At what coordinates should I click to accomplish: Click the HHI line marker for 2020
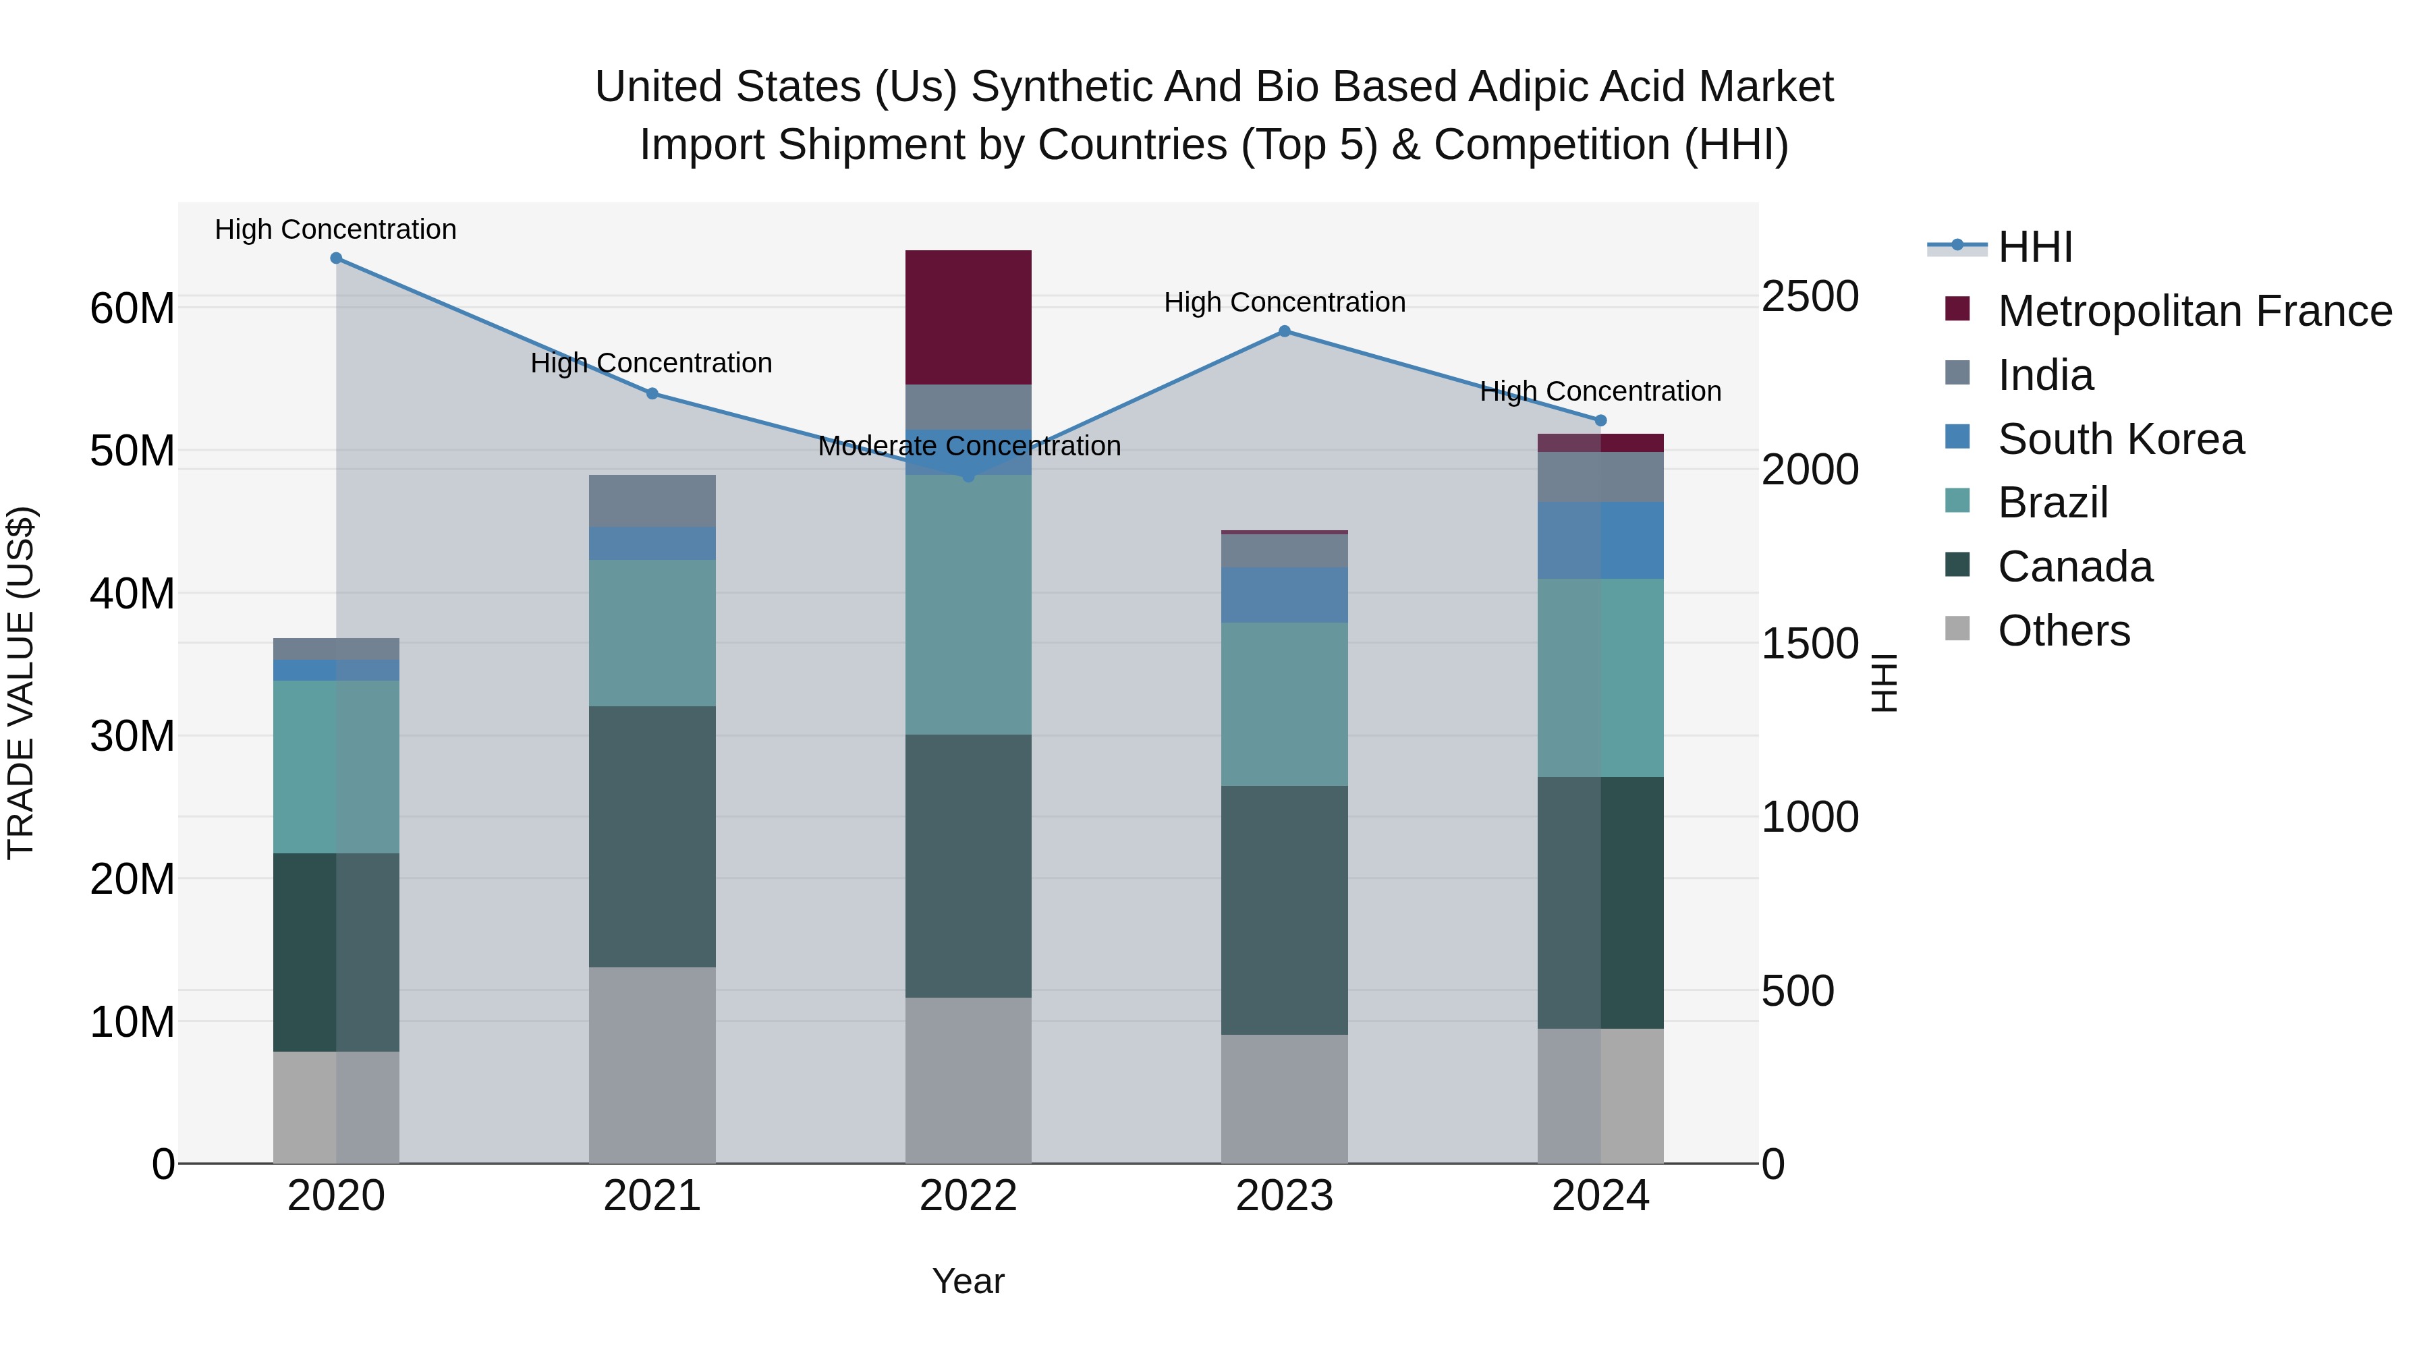(x=336, y=258)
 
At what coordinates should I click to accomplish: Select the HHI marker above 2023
(x=1284, y=331)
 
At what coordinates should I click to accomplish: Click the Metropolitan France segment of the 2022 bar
(x=968, y=317)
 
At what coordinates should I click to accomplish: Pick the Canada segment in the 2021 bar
(x=652, y=836)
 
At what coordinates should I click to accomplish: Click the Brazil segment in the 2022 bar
(x=968, y=604)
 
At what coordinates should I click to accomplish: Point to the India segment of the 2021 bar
(x=652, y=501)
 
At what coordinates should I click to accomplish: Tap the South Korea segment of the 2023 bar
(x=1284, y=595)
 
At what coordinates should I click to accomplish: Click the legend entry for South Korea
(x=2120, y=439)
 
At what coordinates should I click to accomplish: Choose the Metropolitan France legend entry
(x=2194, y=311)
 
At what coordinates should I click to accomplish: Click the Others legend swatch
(x=1957, y=629)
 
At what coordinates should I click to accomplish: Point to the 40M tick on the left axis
(x=132, y=594)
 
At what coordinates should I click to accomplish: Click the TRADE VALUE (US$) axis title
(x=21, y=683)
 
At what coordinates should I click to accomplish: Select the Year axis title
(x=968, y=1281)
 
